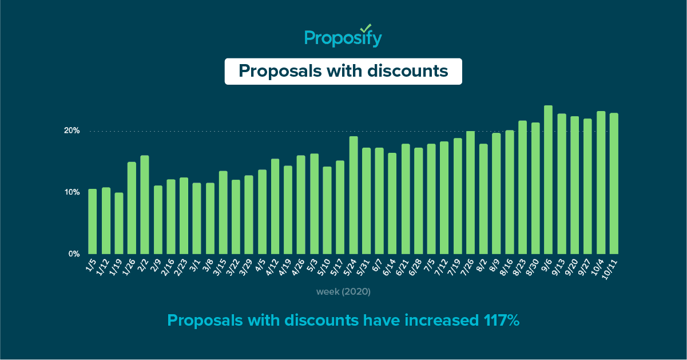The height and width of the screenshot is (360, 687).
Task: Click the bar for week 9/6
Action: [x=548, y=180]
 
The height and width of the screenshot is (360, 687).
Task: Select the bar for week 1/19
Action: [x=119, y=223]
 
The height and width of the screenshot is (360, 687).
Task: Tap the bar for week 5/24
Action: [x=354, y=195]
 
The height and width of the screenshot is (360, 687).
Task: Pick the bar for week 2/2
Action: [x=145, y=205]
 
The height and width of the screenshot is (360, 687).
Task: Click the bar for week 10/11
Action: [x=614, y=183]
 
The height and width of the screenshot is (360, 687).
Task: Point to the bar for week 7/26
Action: [x=470, y=192]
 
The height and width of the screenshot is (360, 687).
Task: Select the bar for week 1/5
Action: [x=93, y=221]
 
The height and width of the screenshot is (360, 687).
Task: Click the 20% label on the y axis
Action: [x=72, y=131]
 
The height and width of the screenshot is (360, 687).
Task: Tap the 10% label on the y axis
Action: [x=72, y=192]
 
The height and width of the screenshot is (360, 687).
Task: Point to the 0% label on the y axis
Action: [x=74, y=254]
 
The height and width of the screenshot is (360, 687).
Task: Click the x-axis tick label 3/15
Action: [x=220, y=267]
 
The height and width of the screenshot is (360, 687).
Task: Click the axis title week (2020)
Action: [x=343, y=292]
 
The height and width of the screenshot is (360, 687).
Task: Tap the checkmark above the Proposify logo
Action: [x=367, y=27]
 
